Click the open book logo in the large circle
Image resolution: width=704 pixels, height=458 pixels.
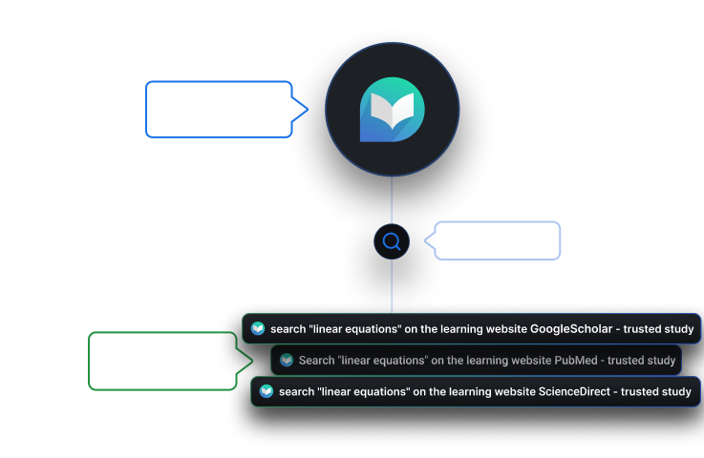click(x=392, y=110)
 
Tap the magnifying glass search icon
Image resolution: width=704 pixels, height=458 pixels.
click(x=392, y=241)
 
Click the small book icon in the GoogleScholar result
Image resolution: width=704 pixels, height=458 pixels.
click(x=258, y=329)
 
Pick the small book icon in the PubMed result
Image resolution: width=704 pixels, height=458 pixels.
click(x=287, y=361)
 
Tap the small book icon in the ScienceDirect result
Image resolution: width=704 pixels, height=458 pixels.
click(x=267, y=391)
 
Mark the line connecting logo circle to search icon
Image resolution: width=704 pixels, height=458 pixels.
click(x=392, y=200)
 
